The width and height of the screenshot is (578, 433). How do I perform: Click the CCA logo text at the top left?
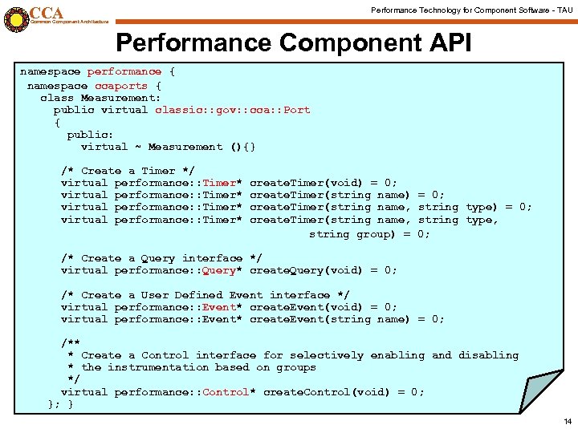pos(47,12)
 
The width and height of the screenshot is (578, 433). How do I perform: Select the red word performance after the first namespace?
pos(124,72)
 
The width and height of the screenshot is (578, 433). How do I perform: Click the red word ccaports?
pos(121,85)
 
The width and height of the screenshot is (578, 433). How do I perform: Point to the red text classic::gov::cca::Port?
pos(232,110)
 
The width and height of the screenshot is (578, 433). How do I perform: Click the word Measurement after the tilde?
pos(185,147)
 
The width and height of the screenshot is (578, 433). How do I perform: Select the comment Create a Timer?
pos(128,171)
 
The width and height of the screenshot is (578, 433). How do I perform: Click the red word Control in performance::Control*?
pos(226,392)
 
